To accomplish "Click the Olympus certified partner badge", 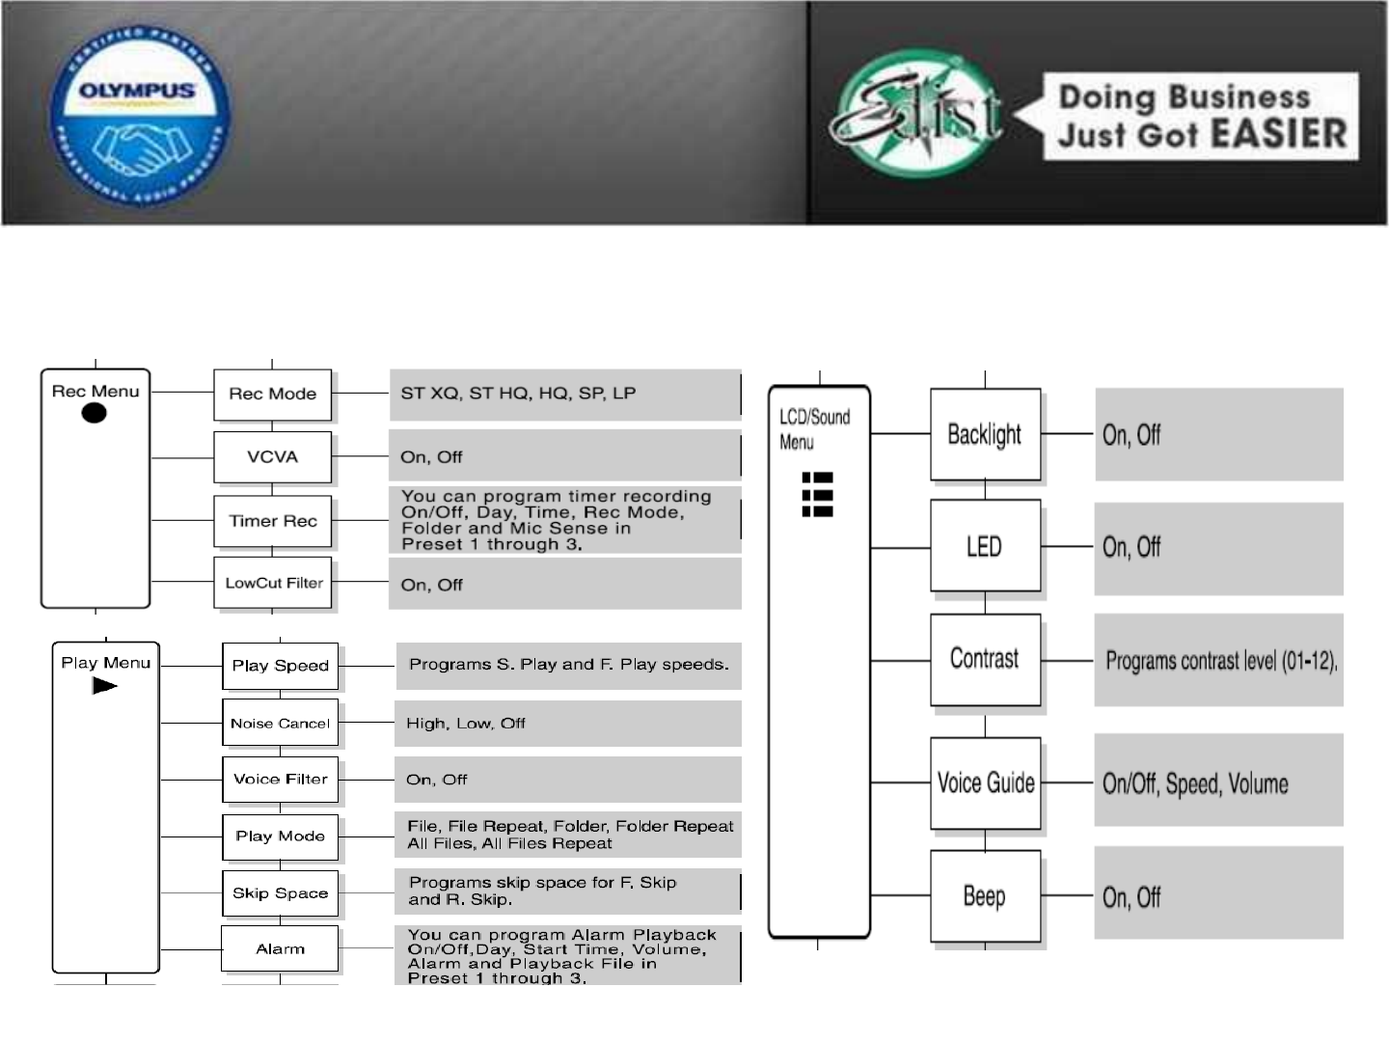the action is tap(140, 114).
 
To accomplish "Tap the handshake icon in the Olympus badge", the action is tap(141, 145).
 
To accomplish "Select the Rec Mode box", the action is tap(272, 394).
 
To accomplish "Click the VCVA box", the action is tap(272, 456).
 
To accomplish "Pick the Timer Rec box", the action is tap(272, 521).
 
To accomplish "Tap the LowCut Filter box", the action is tap(273, 583).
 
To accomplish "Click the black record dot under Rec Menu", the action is tap(94, 413).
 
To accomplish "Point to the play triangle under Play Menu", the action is tap(104, 686).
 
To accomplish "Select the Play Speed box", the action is tap(280, 665).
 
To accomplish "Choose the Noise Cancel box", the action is tap(280, 723).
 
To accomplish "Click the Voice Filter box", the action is tap(280, 779).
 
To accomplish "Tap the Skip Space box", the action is tap(280, 892).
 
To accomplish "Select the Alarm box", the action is tap(280, 949).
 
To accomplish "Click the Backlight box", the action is tap(984, 434).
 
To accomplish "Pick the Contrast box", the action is tap(984, 659).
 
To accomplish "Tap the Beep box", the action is tap(984, 896).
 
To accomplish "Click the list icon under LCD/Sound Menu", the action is tap(817, 494).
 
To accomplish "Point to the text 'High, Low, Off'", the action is tap(466, 723).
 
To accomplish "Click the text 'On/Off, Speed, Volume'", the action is tap(1195, 783).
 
